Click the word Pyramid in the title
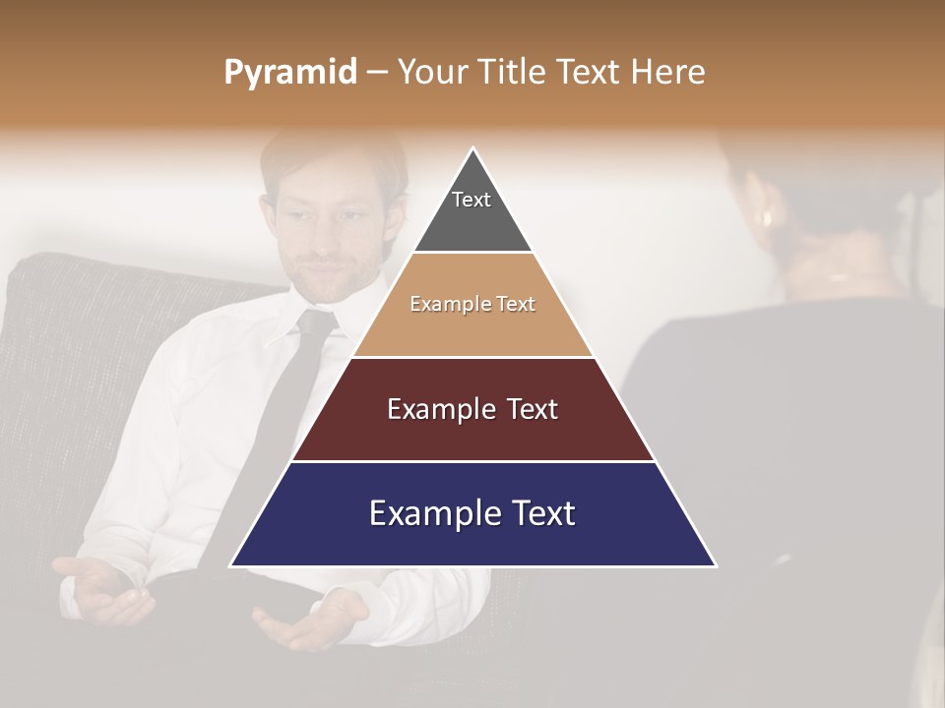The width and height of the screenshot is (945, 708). pos(289,73)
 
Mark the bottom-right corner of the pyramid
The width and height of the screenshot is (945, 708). pos(715,565)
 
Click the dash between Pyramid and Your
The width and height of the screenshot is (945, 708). pos(377,73)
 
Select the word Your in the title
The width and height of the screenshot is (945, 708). pos(430,73)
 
